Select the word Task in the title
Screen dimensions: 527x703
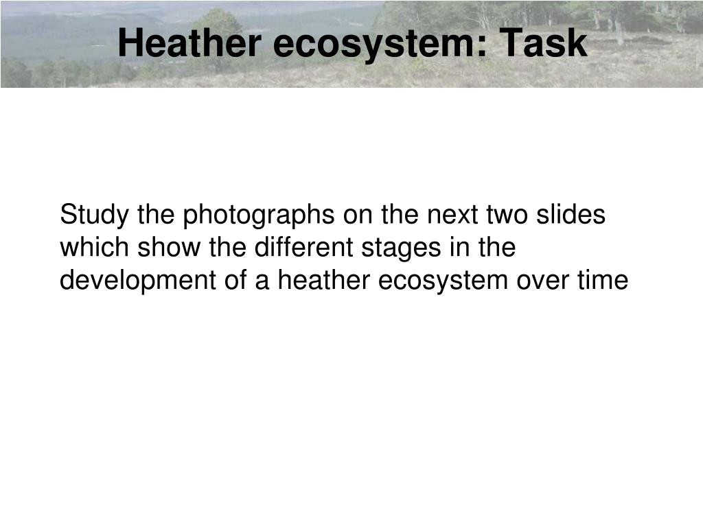click(x=543, y=43)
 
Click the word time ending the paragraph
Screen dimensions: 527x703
click(x=606, y=281)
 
